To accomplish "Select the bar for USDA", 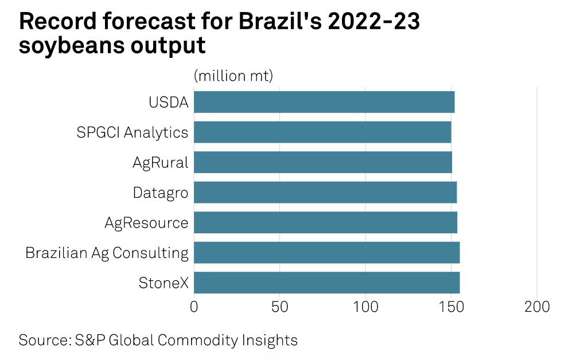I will [x=324, y=102].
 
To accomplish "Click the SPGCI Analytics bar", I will [x=322, y=132].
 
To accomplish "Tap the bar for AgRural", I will [x=323, y=162].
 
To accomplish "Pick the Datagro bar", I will [x=325, y=192].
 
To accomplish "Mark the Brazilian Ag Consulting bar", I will [x=326, y=252].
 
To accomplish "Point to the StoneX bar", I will [x=326, y=283].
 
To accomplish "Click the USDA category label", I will [x=168, y=103].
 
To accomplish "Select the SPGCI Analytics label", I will [x=133, y=132].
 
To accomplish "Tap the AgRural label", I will [x=160, y=162].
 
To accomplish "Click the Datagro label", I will [x=161, y=193].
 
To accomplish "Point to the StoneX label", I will [x=164, y=283].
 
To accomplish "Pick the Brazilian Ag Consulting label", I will [x=107, y=253].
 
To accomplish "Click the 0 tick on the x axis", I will [x=194, y=307].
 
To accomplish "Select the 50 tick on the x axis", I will [x=279, y=307].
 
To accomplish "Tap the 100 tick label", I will [x=365, y=307].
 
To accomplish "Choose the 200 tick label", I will [x=537, y=307].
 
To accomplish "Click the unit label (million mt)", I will [x=233, y=75].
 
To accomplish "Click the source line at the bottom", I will [x=158, y=340].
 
